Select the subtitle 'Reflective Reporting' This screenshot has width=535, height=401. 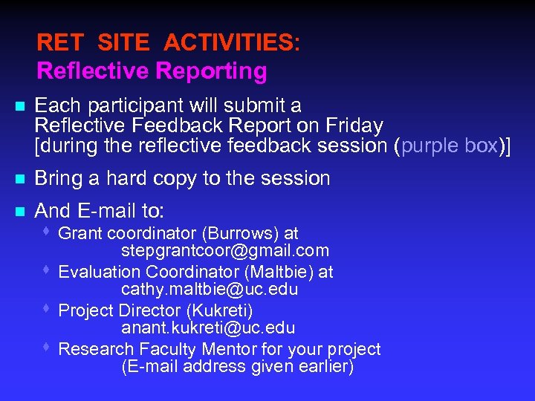tap(152, 71)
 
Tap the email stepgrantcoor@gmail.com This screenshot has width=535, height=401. tap(224, 251)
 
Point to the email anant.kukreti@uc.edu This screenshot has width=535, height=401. tap(208, 327)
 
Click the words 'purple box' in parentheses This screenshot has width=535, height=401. tap(449, 146)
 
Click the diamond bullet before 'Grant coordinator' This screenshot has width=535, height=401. tap(47, 232)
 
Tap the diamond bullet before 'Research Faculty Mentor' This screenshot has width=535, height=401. tap(47, 348)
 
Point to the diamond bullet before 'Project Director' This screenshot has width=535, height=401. tap(47, 309)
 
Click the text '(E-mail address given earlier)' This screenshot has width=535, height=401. tap(238, 367)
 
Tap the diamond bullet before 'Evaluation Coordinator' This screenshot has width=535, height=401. tap(47, 270)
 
